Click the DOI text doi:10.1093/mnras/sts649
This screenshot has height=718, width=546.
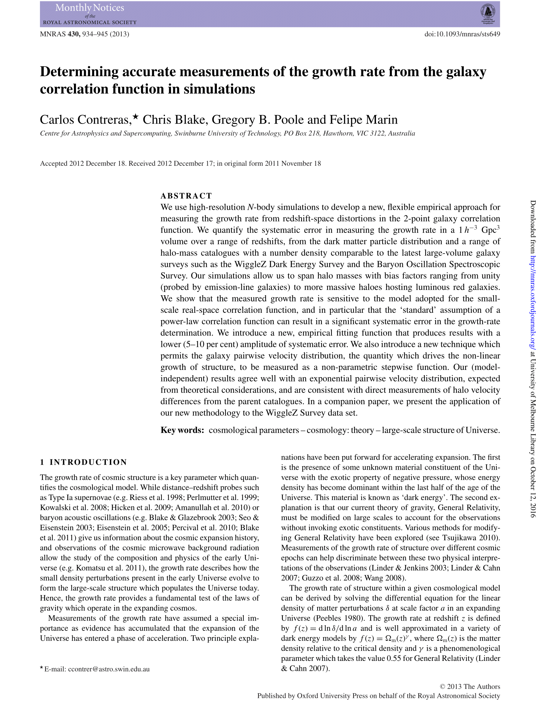coord(462,34)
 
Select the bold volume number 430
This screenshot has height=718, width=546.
coord(73,34)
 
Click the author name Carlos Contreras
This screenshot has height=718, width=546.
coord(85,120)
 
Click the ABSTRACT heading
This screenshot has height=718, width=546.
coord(186,196)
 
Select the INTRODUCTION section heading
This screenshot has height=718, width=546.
coord(88,462)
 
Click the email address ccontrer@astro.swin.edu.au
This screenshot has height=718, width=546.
coord(109,669)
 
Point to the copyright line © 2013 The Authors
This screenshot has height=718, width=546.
coord(470,686)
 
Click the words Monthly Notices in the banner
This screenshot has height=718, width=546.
coord(89,8)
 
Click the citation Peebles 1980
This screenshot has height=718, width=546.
coord(339,618)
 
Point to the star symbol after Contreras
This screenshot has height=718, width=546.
coord(135,116)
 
